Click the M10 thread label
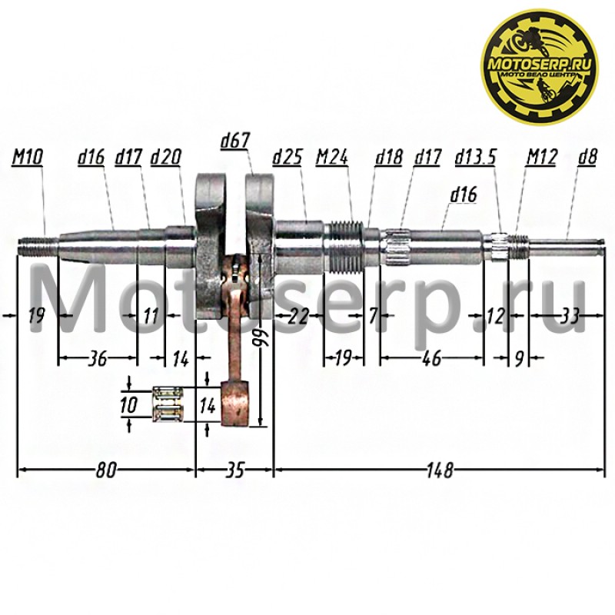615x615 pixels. [28, 158]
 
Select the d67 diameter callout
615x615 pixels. [235, 141]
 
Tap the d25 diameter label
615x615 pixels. [288, 158]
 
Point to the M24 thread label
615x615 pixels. [332, 158]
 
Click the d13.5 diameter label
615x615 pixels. [475, 158]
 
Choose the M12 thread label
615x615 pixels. [542, 158]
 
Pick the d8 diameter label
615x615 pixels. [587, 158]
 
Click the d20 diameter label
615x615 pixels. [166, 158]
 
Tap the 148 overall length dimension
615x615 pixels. [440, 470]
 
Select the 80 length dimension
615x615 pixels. [106, 470]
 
